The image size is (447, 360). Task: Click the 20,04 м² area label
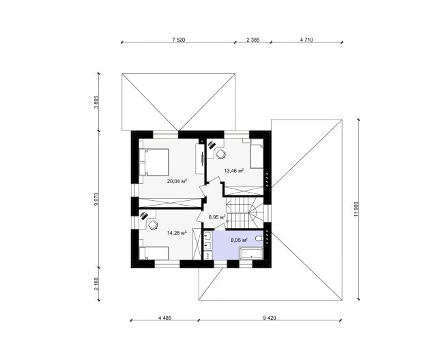[x=177, y=181]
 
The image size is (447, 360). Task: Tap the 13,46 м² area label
[x=234, y=171]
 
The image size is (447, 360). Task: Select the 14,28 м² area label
[x=177, y=233]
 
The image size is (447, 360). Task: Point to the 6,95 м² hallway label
[x=217, y=217]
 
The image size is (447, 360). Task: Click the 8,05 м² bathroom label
[x=239, y=240]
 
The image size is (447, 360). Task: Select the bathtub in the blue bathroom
[x=251, y=253]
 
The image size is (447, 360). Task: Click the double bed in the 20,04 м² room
[x=154, y=162]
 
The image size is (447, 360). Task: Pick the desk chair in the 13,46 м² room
[x=220, y=154]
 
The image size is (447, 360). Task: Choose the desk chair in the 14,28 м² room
[x=152, y=225]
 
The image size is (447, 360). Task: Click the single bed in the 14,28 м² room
[x=154, y=253]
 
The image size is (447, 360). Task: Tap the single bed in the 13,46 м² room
[x=257, y=154]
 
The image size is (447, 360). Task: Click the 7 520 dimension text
[x=179, y=40]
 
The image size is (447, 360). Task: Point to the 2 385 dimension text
[x=253, y=40]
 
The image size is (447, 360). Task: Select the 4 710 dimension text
[x=306, y=40]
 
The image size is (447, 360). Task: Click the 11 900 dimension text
[x=356, y=210]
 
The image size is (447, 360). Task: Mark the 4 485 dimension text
[x=164, y=318]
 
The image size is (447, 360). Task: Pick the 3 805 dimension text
[x=96, y=102]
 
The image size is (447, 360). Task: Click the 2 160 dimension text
[x=96, y=284]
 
